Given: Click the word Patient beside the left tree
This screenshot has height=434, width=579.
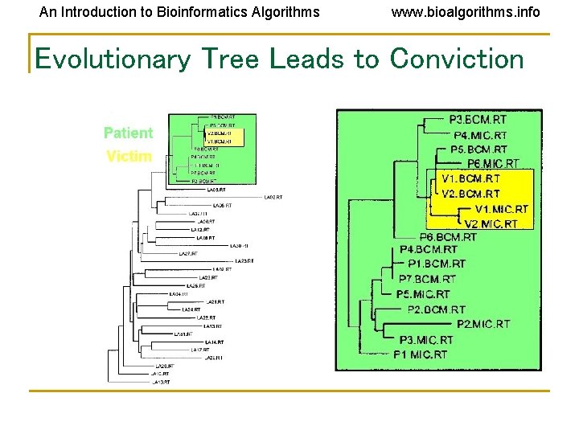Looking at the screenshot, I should pos(128,133).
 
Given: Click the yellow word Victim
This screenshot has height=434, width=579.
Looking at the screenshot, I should pos(129,156).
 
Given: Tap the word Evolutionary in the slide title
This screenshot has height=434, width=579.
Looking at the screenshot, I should pos(113,59).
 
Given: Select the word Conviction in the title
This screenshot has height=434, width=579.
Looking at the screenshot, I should pos(457,59).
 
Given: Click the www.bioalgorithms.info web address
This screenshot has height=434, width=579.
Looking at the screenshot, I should pos(466,12).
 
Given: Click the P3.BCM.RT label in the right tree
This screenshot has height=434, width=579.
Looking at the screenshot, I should pos(478,120).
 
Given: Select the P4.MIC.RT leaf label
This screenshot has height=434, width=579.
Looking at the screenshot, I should pos(480,135).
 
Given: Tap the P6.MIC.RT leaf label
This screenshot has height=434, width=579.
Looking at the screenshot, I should pos(493,164).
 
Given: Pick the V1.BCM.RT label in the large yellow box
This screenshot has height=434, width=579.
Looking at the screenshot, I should pos(471,178).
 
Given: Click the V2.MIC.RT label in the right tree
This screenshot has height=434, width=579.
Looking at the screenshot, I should pos(491,224).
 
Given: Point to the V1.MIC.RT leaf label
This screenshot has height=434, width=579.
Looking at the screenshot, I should pos(502,209).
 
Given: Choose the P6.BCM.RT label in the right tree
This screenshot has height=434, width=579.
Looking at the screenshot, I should pos(448,237).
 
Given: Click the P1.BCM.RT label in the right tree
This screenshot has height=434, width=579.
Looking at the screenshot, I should pos(437,264).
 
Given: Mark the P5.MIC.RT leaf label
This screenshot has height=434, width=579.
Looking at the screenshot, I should pos(423,294).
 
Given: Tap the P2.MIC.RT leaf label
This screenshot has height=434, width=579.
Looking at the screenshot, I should pos(482,324).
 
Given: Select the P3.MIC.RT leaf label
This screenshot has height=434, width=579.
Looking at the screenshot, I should pos(425,340).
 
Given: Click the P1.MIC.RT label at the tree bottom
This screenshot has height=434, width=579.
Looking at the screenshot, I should pos(420,354).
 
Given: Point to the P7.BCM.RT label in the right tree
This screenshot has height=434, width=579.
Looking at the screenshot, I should pos(427,279).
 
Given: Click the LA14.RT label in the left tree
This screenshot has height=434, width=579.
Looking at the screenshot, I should pos(214,342).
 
